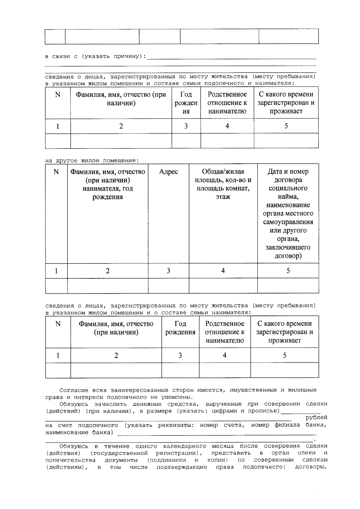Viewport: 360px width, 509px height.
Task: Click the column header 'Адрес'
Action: click(168, 172)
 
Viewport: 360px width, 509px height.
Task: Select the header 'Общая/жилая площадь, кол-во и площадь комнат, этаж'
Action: click(223, 184)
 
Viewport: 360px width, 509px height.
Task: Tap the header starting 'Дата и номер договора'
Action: click(288, 213)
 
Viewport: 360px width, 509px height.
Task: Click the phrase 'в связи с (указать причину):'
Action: click(95, 56)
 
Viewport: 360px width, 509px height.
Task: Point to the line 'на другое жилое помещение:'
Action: click(92, 160)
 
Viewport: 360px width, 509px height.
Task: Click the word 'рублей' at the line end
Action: click(316, 418)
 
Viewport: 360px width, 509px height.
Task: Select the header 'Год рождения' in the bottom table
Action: click(180, 328)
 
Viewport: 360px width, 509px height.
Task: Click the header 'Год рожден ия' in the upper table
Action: click(186, 103)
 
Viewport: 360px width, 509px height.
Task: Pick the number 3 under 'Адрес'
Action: click(168, 271)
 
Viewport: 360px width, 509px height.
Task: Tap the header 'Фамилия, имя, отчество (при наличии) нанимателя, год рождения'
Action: click(107, 184)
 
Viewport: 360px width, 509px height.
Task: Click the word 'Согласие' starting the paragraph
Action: click(74, 390)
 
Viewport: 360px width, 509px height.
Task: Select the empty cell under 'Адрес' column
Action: click(168, 286)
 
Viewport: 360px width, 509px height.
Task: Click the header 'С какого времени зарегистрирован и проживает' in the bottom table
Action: click(284, 332)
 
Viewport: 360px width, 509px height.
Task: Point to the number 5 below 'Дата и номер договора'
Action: click(288, 271)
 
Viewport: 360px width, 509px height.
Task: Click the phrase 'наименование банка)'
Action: click(79, 432)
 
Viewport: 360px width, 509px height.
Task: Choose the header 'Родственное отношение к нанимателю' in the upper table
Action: click(227, 103)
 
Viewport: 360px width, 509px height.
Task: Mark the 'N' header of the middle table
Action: click(56, 172)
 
